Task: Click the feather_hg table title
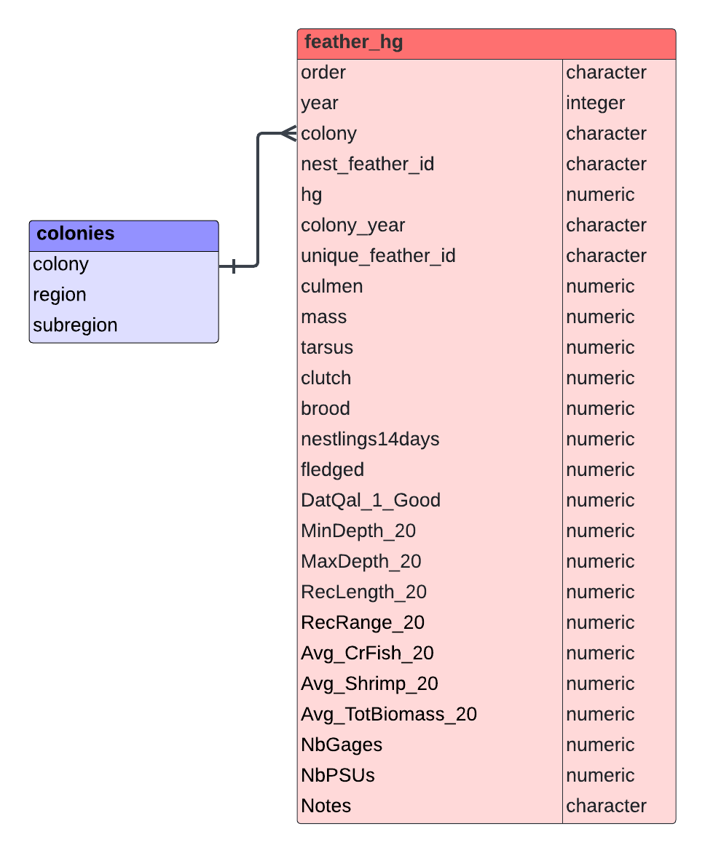(353, 42)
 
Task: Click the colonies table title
(76, 234)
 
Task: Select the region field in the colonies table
(59, 295)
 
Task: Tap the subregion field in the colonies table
(75, 325)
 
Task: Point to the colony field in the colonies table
(60, 264)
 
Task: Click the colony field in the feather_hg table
(328, 134)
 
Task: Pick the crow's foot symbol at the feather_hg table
(288, 133)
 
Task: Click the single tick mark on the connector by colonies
(234, 266)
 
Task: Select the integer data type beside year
(595, 103)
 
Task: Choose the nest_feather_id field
(368, 164)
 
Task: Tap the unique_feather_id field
(379, 255)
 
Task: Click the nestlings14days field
(370, 439)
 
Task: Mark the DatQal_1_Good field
(371, 501)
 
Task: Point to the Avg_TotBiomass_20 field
(389, 714)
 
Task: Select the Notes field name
(326, 806)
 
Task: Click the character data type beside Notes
(606, 806)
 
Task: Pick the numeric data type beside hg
(600, 195)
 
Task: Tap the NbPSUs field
(337, 775)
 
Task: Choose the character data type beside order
(606, 72)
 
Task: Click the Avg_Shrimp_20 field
(369, 684)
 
